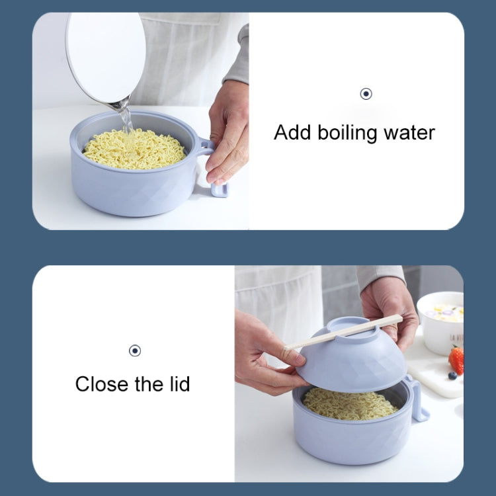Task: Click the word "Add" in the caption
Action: pyautogui.click(x=292, y=132)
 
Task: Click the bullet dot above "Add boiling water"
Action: pyautogui.click(x=366, y=94)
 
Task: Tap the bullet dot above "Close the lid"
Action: pyautogui.click(x=135, y=351)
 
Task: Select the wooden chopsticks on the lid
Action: pyautogui.click(x=344, y=333)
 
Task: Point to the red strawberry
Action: pyautogui.click(x=456, y=360)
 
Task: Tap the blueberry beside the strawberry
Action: pyautogui.click(x=452, y=376)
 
